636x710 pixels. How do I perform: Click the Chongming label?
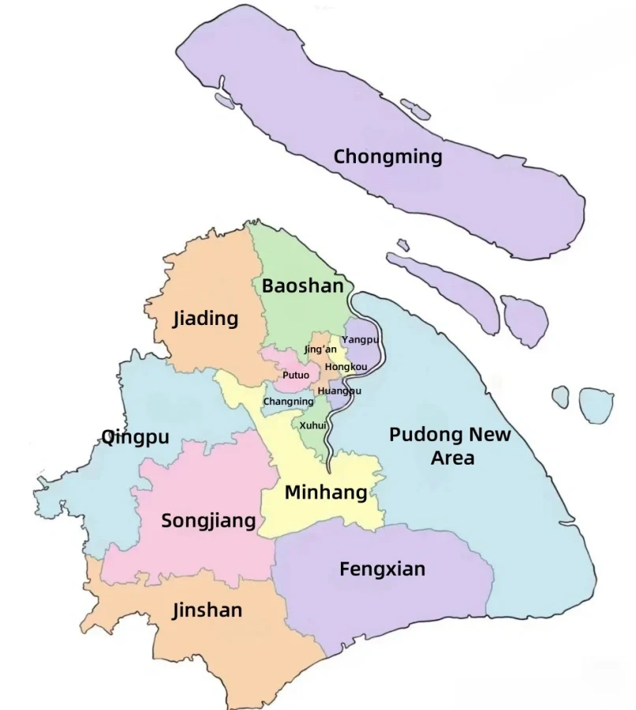click(x=387, y=156)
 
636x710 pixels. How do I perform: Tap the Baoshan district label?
click(x=303, y=286)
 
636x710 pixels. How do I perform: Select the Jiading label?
click(x=205, y=319)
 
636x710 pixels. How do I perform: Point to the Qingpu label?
click(x=135, y=437)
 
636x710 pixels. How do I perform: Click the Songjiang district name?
click(x=208, y=521)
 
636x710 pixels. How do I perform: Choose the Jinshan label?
click(x=208, y=611)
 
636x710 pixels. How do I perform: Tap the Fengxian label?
click(x=382, y=569)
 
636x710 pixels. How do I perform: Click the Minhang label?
click(x=326, y=493)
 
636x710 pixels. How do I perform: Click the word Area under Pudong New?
click(x=452, y=458)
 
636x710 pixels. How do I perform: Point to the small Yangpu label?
click(x=360, y=339)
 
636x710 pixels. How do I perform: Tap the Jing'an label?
click(x=320, y=349)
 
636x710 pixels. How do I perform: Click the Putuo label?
click(x=296, y=375)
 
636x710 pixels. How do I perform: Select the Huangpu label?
click(x=339, y=390)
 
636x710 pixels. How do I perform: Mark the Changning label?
click(x=288, y=402)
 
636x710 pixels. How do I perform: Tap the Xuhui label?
click(x=313, y=425)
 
